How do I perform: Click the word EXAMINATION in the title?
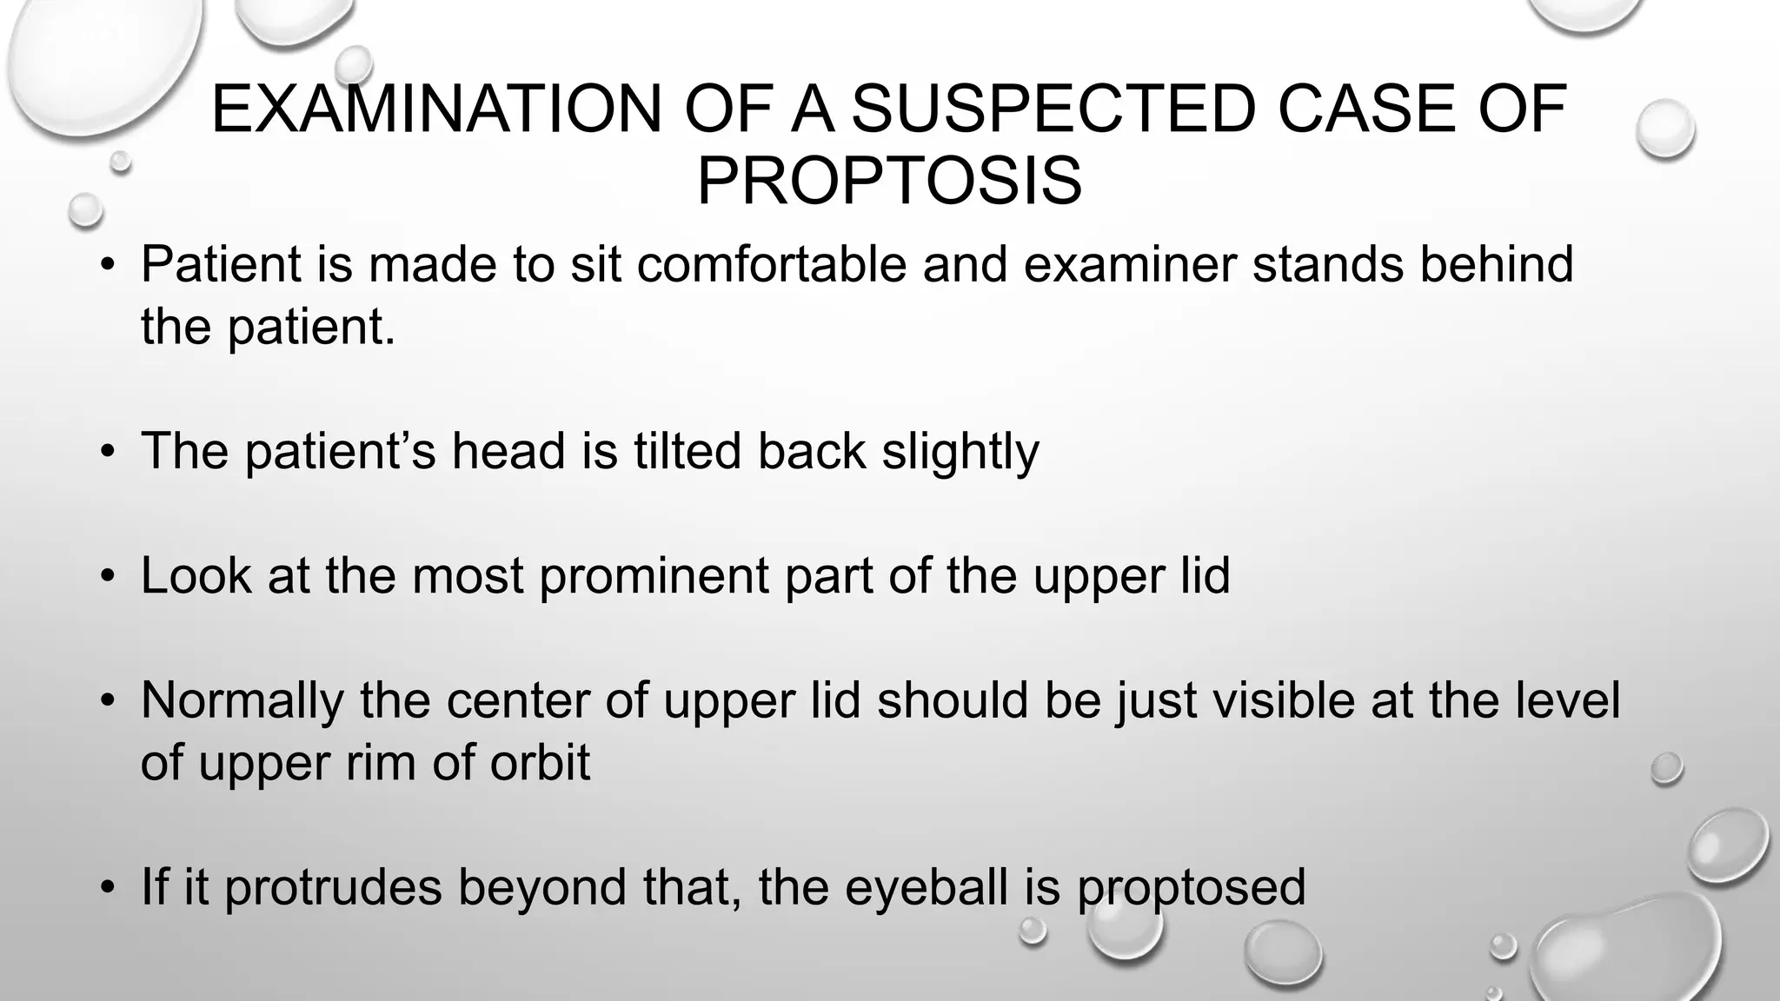(438, 109)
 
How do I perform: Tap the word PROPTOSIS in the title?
(889, 182)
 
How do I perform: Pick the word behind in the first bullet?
(1496, 264)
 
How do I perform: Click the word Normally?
(242, 701)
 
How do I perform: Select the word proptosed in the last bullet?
(1191, 888)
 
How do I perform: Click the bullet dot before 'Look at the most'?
(107, 577)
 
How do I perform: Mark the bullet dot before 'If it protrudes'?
(107, 888)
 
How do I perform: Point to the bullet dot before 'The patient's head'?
(107, 452)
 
